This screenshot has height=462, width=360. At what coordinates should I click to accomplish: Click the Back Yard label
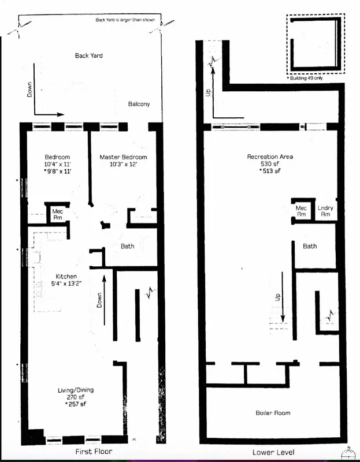tap(89, 56)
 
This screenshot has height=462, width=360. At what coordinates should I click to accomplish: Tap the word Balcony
tap(139, 104)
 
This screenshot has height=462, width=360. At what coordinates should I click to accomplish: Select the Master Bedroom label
tap(123, 157)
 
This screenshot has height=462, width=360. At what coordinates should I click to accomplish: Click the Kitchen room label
tap(66, 276)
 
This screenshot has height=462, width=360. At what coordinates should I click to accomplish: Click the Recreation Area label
tap(270, 157)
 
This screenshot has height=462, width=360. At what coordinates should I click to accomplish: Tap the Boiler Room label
tap(273, 413)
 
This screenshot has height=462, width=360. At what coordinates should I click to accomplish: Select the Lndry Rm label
tap(325, 211)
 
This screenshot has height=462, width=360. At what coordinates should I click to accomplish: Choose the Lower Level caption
tap(272, 451)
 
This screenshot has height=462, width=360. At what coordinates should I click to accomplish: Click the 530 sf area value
tap(270, 164)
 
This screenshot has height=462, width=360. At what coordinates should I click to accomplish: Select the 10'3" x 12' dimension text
tap(123, 164)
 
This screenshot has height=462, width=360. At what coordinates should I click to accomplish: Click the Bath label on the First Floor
tap(127, 247)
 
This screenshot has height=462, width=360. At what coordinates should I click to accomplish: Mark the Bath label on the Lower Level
tap(310, 247)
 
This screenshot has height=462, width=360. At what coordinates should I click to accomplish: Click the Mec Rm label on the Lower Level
tap(300, 211)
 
